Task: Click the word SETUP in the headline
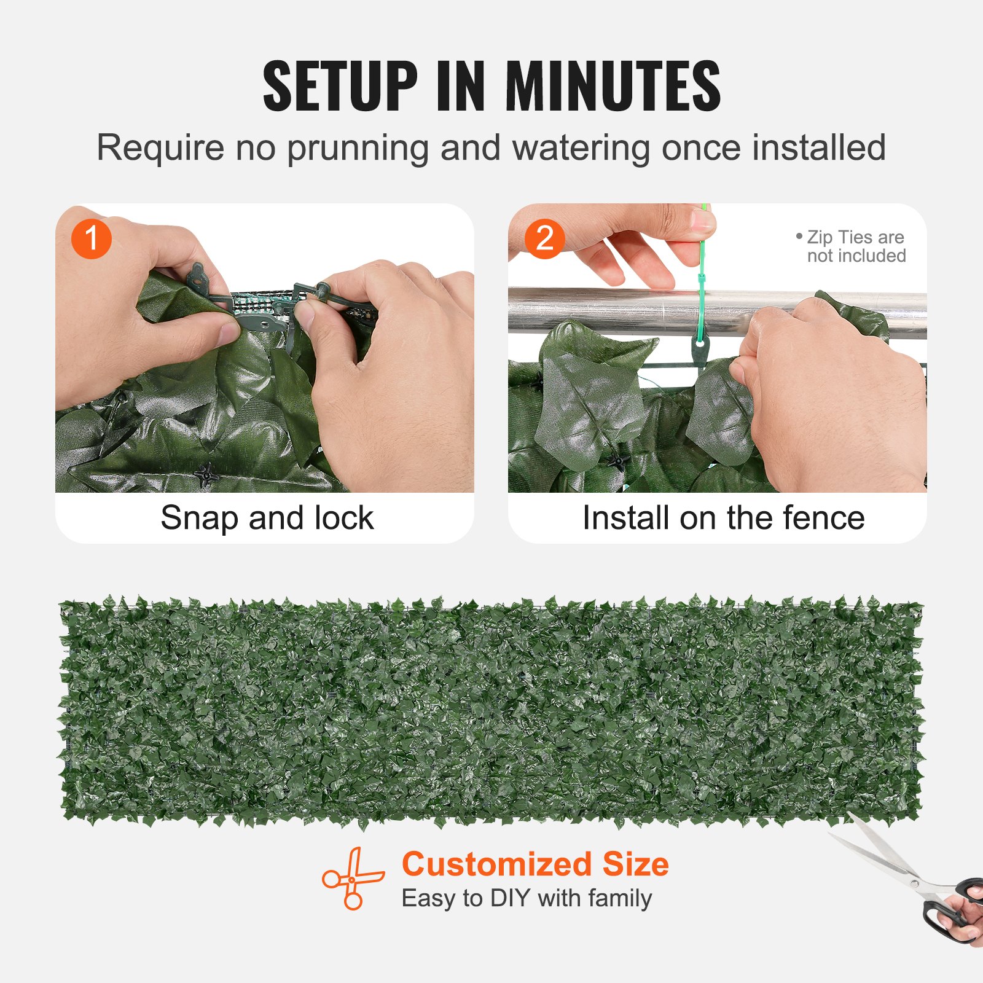click(x=340, y=86)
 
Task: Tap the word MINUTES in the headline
click(x=613, y=86)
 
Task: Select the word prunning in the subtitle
click(x=357, y=149)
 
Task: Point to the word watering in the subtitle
click(x=581, y=147)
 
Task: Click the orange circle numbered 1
click(x=91, y=239)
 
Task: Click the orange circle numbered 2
click(x=544, y=239)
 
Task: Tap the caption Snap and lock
click(x=267, y=518)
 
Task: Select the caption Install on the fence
click(x=723, y=518)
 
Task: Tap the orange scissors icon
click(x=353, y=879)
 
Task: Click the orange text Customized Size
click(x=535, y=864)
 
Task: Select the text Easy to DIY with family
click(x=527, y=898)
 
